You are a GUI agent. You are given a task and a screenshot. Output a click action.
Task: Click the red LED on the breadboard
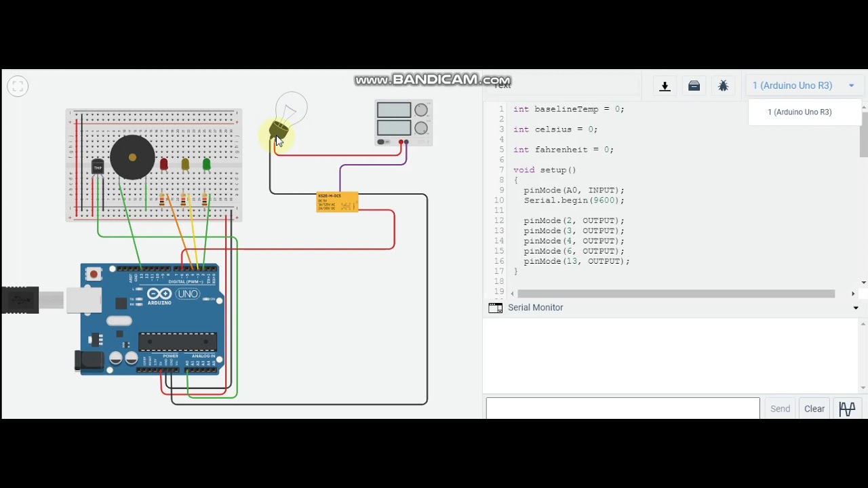click(x=163, y=164)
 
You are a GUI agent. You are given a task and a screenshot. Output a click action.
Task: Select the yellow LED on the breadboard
click(x=185, y=164)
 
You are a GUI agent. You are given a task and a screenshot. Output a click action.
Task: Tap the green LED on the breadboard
click(x=206, y=164)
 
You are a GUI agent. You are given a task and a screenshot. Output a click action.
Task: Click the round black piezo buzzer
click(x=132, y=157)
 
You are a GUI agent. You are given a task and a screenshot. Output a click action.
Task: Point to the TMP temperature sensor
click(x=98, y=167)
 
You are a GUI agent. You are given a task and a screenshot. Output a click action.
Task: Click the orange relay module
click(x=337, y=202)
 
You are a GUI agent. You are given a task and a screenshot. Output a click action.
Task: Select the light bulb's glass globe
click(x=292, y=108)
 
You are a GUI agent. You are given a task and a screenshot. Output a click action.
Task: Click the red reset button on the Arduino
click(x=94, y=274)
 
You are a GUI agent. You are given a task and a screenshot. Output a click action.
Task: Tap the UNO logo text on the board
click(x=187, y=294)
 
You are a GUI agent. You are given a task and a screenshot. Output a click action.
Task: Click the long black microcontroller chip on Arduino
click(x=178, y=342)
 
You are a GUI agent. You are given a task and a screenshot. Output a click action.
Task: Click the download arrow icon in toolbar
click(x=665, y=86)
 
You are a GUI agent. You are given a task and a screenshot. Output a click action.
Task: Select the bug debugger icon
click(x=723, y=86)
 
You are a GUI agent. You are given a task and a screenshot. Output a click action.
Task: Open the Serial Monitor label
click(x=535, y=308)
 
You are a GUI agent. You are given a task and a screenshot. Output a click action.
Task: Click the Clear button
click(x=814, y=409)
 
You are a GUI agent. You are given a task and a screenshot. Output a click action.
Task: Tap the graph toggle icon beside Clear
click(x=847, y=409)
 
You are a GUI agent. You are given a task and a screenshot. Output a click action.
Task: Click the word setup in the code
click(x=553, y=170)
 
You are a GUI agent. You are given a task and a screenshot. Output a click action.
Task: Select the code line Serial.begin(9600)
click(x=574, y=201)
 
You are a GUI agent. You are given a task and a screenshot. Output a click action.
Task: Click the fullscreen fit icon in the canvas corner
click(x=18, y=86)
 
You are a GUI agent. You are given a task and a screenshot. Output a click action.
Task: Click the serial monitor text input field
click(x=623, y=409)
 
